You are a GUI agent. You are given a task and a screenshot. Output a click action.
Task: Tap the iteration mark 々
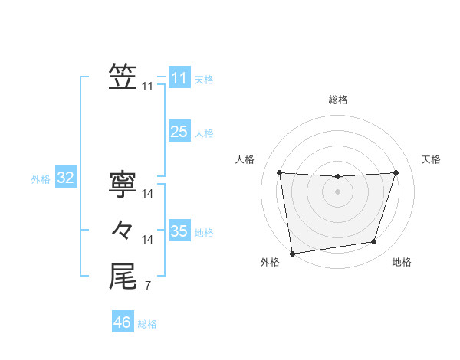[123, 229]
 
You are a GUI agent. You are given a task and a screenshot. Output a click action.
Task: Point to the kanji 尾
[123, 276]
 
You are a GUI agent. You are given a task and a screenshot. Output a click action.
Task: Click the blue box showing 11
[179, 78]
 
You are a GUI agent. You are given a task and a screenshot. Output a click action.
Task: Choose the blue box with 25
[179, 132]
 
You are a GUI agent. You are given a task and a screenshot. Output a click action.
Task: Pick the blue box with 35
[179, 231]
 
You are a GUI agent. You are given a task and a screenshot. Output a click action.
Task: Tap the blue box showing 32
[66, 178]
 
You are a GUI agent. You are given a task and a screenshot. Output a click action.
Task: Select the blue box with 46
[123, 322]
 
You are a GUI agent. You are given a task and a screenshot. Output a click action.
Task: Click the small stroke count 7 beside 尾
[147, 287]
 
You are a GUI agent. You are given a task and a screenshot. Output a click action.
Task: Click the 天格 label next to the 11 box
[204, 80]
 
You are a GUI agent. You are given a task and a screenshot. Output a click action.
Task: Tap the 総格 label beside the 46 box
[147, 324]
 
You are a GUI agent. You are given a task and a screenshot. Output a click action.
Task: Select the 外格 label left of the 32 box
[41, 180]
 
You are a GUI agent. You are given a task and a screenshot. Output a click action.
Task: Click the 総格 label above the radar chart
[337, 100]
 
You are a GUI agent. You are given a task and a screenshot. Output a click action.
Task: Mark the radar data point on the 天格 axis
[396, 172]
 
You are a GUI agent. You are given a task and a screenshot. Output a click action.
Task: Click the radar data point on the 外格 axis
[292, 253]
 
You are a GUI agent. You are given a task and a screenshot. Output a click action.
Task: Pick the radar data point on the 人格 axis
[279, 172]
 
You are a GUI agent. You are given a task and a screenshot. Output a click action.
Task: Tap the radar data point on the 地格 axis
[374, 242]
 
